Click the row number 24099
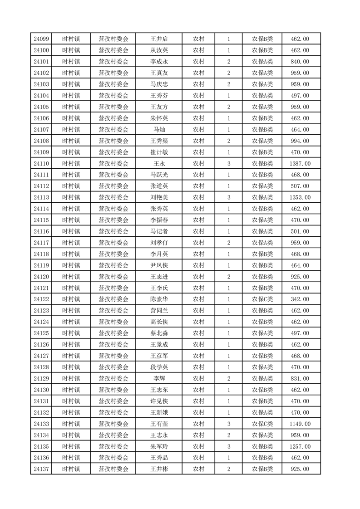pos(41,39)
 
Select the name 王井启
pos(159,39)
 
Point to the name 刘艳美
pos(159,197)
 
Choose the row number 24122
pos(41,299)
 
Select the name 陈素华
pos(159,299)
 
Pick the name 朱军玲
pos(159,446)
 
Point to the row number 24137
pos(41,469)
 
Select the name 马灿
pos(159,129)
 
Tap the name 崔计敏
pos(159,152)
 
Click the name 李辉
pos(159,378)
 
